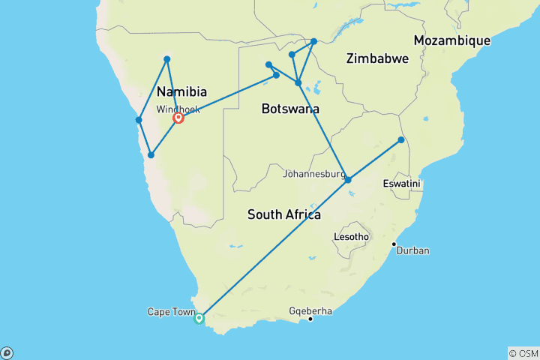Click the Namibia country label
pyautogui.click(x=181, y=91)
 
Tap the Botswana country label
pyautogui.click(x=290, y=109)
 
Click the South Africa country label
pyautogui.click(x=284, y=215)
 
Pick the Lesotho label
pyautogui.click(x=351, y=237)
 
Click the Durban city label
pyautogui.click(x=413, y=250)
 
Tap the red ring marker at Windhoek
pyautogui.click(x=179, y=118)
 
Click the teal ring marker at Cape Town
pyautogui.click(x=199, y=319)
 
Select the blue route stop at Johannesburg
pyautogui.click(x=348, y=179)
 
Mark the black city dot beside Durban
pyautogui.click(x=394, y=244)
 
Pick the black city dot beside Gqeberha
pyautogui.click(x=310, y=319)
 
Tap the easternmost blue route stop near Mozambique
pyautogui.click(x=401, y=139)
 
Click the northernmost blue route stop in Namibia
pyautogui.click(x=166, y=58)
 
